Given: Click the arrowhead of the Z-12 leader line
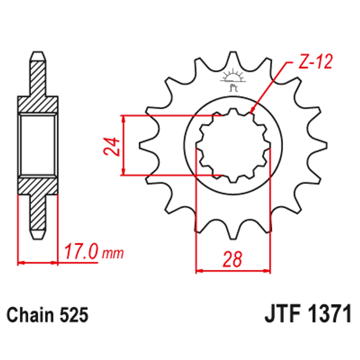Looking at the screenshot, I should point(252,113).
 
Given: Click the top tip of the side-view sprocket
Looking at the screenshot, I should point(38,52).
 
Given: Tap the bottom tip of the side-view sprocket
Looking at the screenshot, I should point(38,237).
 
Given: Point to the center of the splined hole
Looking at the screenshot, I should point(233,145).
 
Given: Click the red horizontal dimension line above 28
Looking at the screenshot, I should point(233,271).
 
